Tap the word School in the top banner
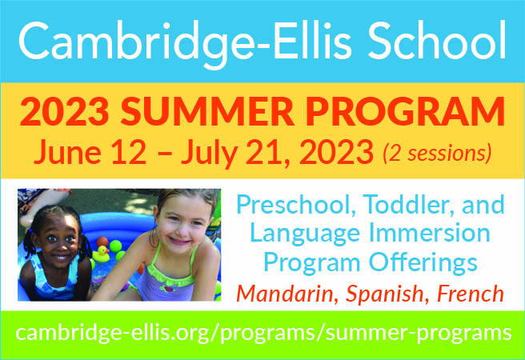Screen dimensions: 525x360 click(437, 40)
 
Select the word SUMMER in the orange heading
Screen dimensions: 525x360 click(207, 112)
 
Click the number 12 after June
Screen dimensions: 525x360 click(129, 152)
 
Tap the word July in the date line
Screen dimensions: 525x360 click(210, 154)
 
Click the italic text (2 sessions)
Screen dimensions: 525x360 click(437, 154)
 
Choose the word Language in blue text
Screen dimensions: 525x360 click(305, 234)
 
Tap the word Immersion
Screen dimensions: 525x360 click(429, 233)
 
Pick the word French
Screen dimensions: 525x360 click(471, 294)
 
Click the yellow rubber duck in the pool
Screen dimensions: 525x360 click(101, 254)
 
